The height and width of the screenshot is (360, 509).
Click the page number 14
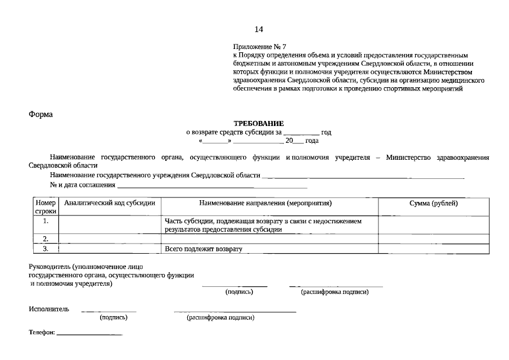[258, 29]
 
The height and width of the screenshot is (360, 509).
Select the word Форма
[40, 114]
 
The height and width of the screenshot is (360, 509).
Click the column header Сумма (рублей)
[433, 203]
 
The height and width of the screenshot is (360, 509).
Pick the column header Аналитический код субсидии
[110, 203]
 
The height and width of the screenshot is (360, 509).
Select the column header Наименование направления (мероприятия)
[269, 203]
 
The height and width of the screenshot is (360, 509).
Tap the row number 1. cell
[46, 221]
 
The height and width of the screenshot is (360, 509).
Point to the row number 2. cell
[46, 239]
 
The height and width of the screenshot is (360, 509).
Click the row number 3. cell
[46, 248]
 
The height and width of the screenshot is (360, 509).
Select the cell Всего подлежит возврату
[203, 249]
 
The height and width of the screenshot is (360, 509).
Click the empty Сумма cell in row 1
[433, 225]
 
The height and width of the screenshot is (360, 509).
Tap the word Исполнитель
[49, 309]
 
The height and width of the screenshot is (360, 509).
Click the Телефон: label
[42, 333]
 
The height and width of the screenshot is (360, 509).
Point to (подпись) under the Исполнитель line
[114, 318]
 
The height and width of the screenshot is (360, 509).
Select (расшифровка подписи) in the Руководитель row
[335, 292]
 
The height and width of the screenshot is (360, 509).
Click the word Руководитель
[49, 266]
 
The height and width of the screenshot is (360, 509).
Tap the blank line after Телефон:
[89, 335]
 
